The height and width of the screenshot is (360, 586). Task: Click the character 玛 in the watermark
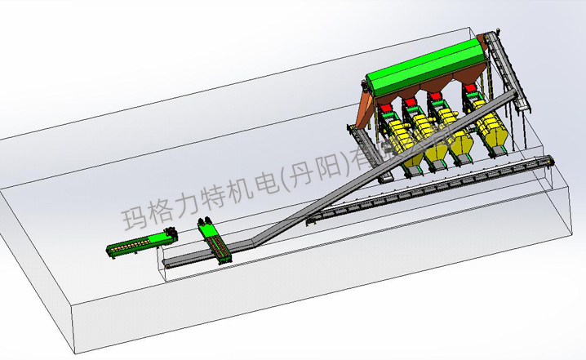point(134,217)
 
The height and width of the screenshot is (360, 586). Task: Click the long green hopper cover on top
point(424,69)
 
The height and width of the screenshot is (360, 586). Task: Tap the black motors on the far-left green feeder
point(171,234)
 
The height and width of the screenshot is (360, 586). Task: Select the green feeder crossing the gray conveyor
point(215,242)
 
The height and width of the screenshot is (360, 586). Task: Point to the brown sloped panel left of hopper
point(367,106)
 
